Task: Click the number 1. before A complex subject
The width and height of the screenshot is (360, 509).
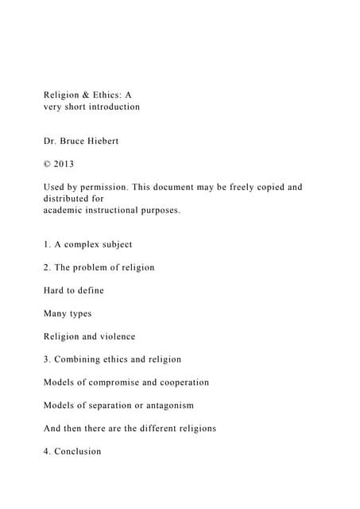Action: (x=48, y=244)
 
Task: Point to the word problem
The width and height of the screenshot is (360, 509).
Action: (x=95, y=267)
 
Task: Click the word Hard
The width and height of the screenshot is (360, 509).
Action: (x=55, y=290)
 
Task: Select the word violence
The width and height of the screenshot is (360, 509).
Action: (x=114, y=336)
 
